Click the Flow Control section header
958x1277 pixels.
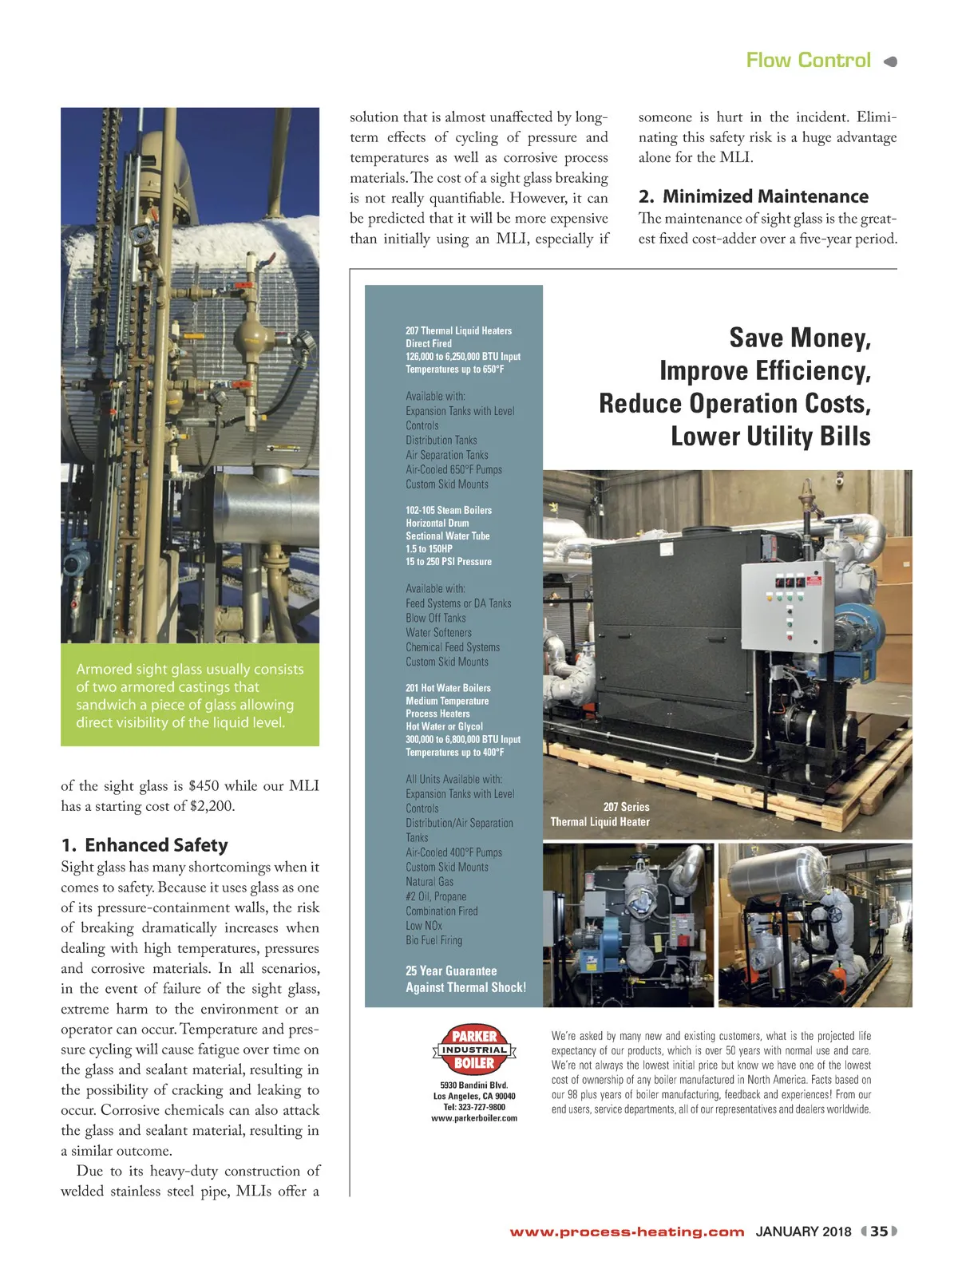pos(808,61)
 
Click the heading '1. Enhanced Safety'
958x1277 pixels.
pos(144,844)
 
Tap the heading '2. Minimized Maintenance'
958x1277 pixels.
pos(753,196)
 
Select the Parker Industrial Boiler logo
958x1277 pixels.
pos(474,1050)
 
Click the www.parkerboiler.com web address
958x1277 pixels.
pos(474,1118)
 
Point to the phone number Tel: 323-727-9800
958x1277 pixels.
pos(474,1107)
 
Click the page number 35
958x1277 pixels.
pos(879,1231)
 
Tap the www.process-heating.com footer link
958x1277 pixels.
pos(627,1232)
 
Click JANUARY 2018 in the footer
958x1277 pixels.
pos(803,1232)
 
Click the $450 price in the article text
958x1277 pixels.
pos(208,786)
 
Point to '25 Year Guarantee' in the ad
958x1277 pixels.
pos(451,971)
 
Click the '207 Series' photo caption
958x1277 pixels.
pos(626,807)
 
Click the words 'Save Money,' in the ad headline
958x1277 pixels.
pos(800,338)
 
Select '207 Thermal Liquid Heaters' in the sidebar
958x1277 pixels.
pos(458,330)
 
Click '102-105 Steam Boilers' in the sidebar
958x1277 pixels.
pos(449,510)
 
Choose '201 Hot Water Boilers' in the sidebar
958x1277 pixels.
pos(448,688)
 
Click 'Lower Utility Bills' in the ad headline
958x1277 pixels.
pos(770,437)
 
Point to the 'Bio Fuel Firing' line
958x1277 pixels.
pos(433,940)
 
